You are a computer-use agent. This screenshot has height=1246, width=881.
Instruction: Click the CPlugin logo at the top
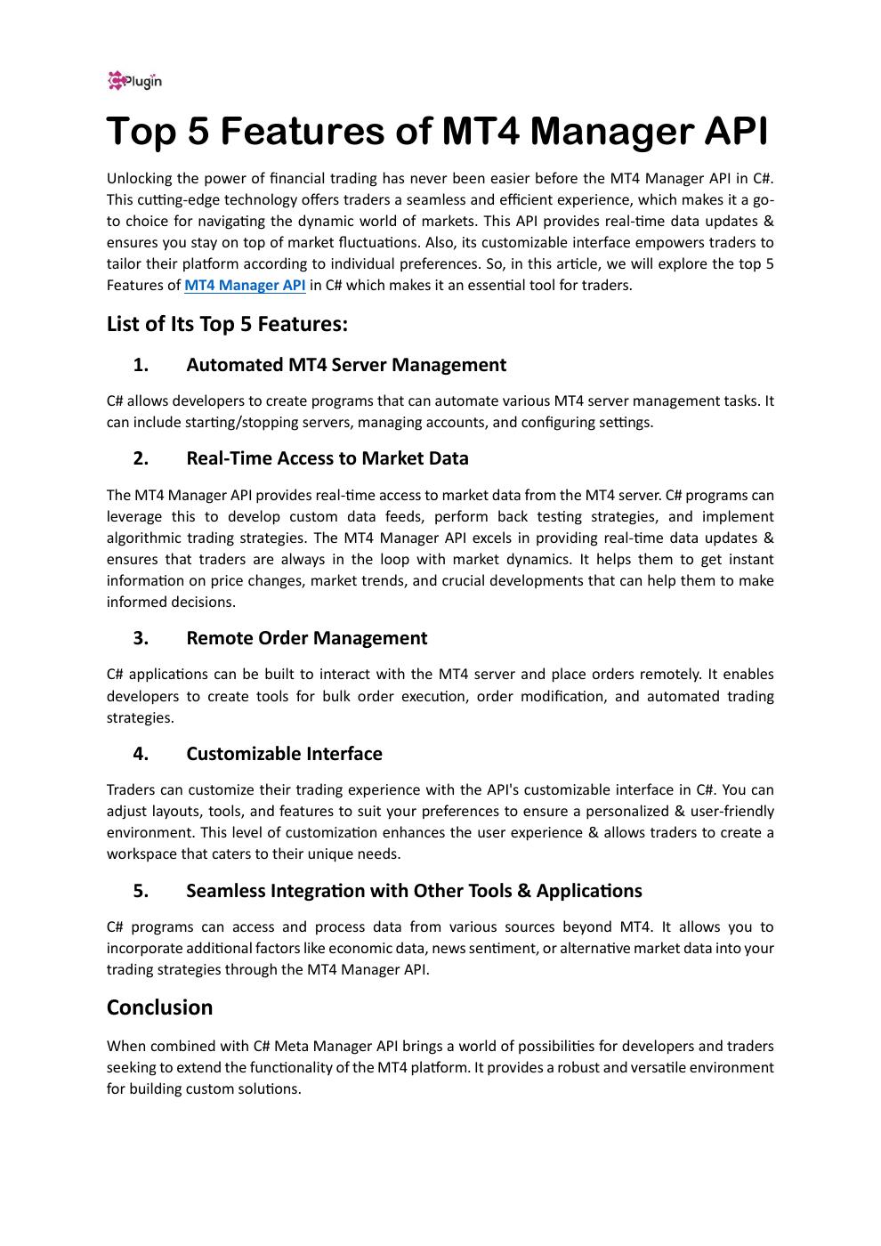pyautogui.click(x=134, y=81)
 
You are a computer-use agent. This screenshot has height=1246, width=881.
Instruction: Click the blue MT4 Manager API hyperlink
pyautogui.click(x=245, y=286)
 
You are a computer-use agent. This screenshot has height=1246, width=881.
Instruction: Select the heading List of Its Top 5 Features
pyautogui.click(x=227, y=324)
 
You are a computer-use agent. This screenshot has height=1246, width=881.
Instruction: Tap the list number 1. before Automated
pyautogui.click(x=141, y=365)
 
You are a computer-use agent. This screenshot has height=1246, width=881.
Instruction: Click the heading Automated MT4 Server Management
pyautogui.click(x=346, y=365)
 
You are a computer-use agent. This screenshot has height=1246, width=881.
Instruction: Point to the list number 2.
pyautogui.click(x=141, y=458)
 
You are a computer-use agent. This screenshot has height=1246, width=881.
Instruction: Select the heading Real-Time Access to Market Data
pyautogui.click(x=327, y=458)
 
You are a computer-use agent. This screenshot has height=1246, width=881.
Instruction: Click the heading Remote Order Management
pyautogui.click(x=306, y=638)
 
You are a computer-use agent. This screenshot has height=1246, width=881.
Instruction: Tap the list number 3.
pyautogui.click(x=141, y=638)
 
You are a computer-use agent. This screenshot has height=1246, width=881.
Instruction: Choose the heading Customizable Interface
pyautogui.click(x=284, y=754)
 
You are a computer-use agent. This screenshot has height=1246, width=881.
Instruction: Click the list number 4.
pyautogui.click(x=141, y=754)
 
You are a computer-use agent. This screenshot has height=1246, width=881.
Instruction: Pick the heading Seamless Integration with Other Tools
pyautogui.click(x=414, y=891)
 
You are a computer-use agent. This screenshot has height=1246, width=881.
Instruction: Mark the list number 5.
pyautogui.click(x=141, y=891)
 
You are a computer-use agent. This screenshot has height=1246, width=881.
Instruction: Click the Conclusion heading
pyautogui.click(x=159, y=1007)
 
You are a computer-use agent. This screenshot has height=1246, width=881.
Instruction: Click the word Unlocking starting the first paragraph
pyautogui.click(x=138, y=179)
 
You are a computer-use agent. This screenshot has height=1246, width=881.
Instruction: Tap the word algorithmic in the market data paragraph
pyautogui.click(x=142, y=538)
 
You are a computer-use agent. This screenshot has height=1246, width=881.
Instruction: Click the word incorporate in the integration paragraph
pyautogui.click(x=143, y=949)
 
